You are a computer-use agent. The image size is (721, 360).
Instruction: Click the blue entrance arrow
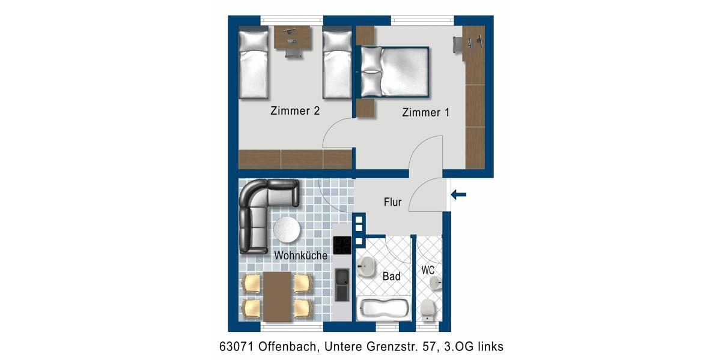pyautogui.click(x=460, y=194)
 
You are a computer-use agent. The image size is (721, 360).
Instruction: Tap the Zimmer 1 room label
pyautogui.click(x=425, y=112)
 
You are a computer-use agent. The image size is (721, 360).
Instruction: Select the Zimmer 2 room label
pyautogui.click(x=294, y=111)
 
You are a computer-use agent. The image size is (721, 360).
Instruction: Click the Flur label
pyautogui.click(x=392, y=202)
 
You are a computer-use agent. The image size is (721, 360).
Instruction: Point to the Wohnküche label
pyautogui.click(x=300, y=256)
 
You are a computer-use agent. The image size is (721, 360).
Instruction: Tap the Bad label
pyautogui.click(x=391, y=277)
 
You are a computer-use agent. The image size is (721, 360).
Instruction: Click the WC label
pyautogui.click(x=428, y=271)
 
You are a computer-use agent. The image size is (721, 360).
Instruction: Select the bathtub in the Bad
pyautogui.click(x=383, y=309)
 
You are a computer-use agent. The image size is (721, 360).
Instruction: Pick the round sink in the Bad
pyautogui.click(x=366, y=266)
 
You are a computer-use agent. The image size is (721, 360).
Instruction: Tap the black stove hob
pyautogui.click(x=342, y=246)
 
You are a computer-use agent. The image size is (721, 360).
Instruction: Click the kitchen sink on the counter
pyautogui.click(x=342, y=284)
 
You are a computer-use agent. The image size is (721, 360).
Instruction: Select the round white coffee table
pyautogui.click(x=287, y=229)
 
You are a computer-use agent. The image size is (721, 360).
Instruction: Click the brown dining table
pyautogui.click(x=278, y=296)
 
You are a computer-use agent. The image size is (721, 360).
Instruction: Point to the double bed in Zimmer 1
pyautogui.click(x=395, y=72)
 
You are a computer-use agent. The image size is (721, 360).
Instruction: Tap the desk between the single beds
pyautogui.click(x=293, y=38)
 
